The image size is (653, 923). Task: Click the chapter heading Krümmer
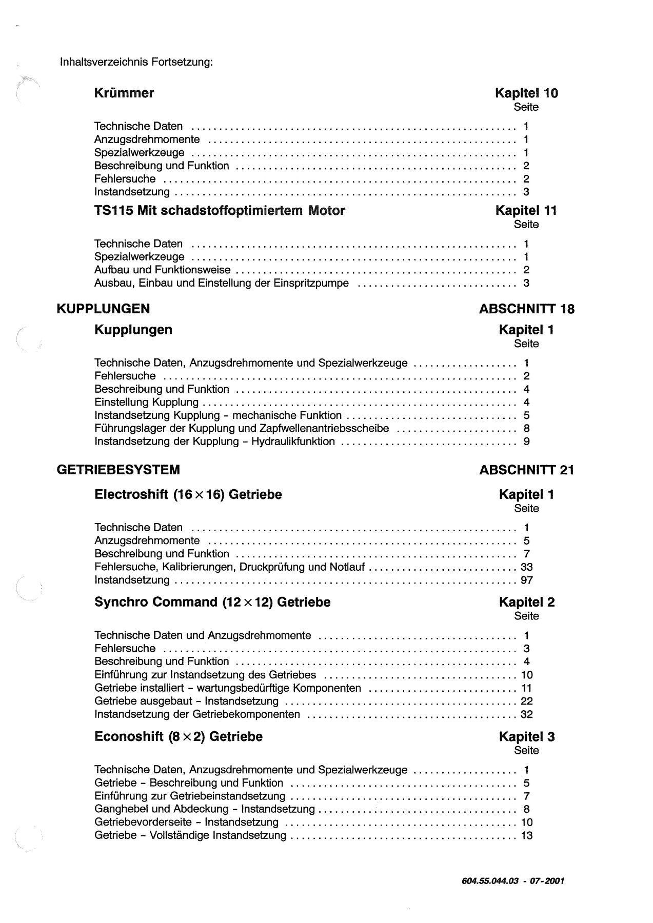pos(124,93)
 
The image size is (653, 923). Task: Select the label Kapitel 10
pos(526,93)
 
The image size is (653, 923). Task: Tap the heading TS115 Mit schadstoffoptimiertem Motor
pos(220,211)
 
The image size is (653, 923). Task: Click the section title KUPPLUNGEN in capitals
pos(103,309)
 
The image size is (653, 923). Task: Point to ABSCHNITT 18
pos(527,309)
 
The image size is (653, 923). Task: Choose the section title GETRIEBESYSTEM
pos(118,470)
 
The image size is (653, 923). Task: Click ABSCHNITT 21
pos(527,470)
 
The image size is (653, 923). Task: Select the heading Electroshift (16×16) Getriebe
pos(188,495)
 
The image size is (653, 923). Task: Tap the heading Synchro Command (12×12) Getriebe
pos(212,603)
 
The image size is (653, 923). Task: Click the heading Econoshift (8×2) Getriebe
pos(179,737)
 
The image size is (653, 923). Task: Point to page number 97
pos(527,580)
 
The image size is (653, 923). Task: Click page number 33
pos(527,567)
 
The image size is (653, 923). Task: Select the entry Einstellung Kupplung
pos(147,403)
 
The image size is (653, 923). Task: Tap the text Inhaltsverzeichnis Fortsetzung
pos(136,63)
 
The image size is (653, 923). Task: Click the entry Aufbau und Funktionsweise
pos(163,270)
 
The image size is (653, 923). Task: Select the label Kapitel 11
pos(526,211)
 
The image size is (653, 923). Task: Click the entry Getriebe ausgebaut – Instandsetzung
pos(187,701)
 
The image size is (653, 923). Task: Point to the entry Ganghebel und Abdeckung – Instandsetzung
pos(205,810)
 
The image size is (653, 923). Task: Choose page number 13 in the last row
pos(527,836)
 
